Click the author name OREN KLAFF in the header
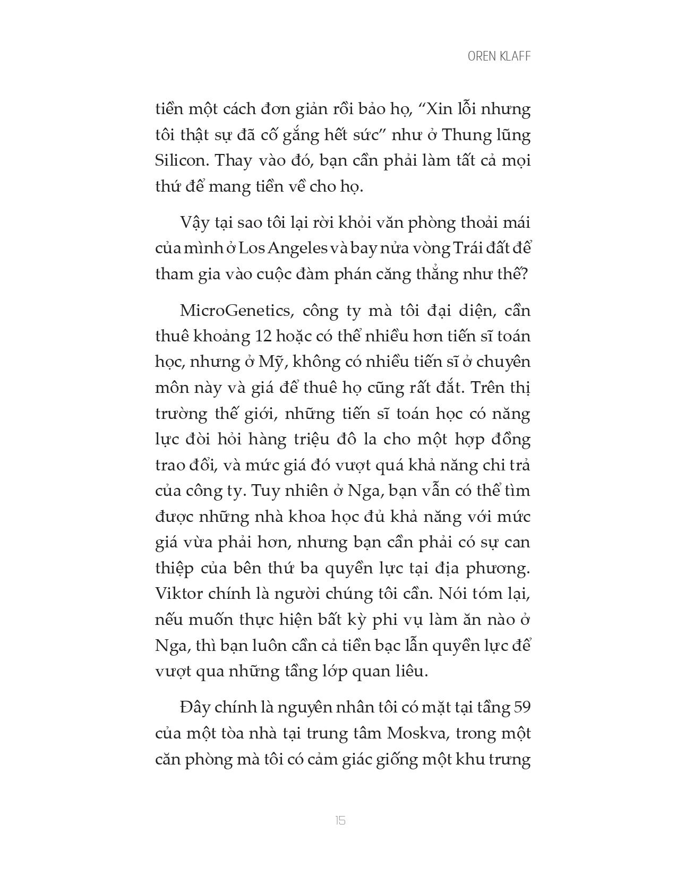[499, 57]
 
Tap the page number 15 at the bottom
[340, 820]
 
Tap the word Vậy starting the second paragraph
[193, 222]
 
